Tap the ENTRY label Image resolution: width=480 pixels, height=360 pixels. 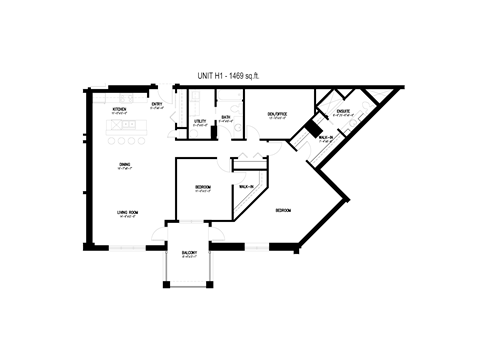point(157,104)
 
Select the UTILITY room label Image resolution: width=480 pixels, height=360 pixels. point(200,120)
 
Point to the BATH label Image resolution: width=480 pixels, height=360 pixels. point(226,117)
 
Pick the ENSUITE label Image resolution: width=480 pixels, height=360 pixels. point(342,111)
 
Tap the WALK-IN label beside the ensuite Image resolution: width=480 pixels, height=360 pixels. point(325,138)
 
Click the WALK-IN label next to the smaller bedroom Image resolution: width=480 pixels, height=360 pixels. point(244,186)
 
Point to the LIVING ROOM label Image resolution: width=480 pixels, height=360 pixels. point(127,211)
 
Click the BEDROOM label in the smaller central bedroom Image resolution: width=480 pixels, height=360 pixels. point(203,186)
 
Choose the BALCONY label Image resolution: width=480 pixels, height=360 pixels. point(189,252)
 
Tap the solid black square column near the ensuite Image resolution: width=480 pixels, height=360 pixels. point(313,129)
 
